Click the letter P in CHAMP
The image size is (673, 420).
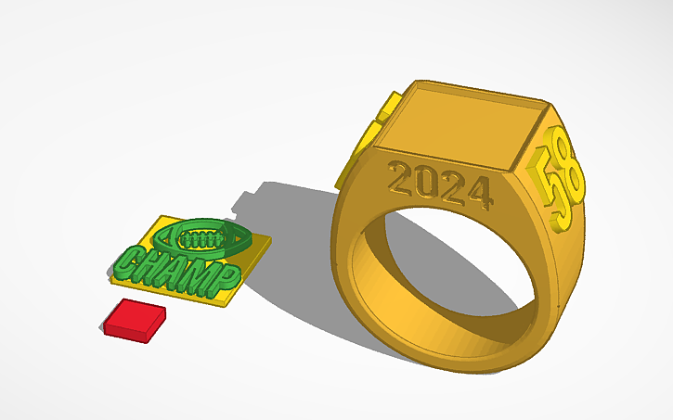(226, 276)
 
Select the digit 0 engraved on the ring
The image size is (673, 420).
(431, 183)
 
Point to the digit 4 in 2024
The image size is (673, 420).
(477, 193)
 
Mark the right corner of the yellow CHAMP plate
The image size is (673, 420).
(270, 243)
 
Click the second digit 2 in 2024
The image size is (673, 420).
(455, 188)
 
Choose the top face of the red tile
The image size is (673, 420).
(136, 313)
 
